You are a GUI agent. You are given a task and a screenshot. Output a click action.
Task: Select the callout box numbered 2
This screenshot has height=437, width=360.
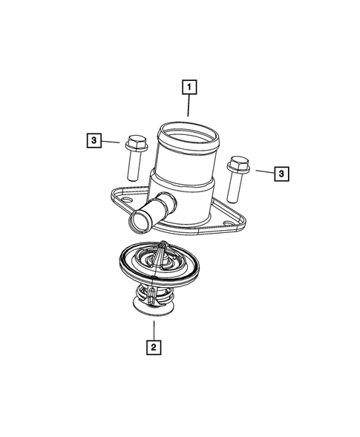153,346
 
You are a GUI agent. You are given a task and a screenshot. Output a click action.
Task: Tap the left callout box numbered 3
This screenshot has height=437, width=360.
94,139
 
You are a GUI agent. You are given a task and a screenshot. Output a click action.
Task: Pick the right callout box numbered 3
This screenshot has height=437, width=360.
282,174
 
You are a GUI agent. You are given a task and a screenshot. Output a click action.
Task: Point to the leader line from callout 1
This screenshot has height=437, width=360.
190,108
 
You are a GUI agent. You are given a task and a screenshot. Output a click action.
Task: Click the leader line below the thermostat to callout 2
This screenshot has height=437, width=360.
153,329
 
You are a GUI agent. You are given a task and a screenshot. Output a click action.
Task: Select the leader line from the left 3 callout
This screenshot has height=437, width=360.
112,140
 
